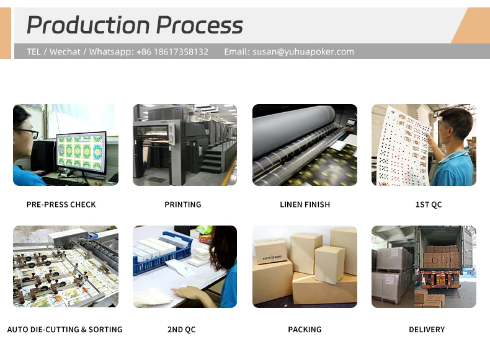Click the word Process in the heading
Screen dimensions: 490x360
[199, 25]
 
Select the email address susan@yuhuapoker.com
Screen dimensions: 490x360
[303, 51]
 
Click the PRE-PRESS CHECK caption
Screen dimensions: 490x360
[61, 204]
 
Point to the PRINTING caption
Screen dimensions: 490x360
[183, 204]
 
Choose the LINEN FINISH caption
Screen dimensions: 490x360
[305, 204]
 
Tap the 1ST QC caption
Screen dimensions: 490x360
[428, 204]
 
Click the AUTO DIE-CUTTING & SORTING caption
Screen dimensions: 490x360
[65, 330]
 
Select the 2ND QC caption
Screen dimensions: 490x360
[182, 330]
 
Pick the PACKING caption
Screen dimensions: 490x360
[305, 330]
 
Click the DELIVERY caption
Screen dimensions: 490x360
[427, 330]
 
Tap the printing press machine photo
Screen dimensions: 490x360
[184, 145]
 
